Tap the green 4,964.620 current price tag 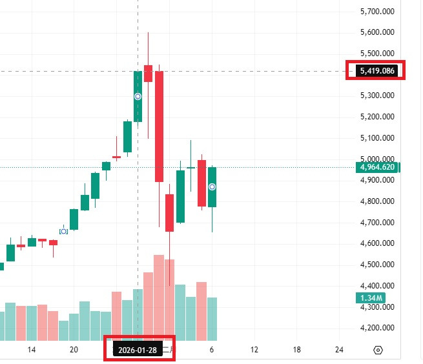(378, 168)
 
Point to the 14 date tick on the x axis (31, 349)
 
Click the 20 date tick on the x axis (74, 349)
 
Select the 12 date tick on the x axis (254, 349)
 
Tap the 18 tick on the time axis (296, 349)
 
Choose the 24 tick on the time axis (340, 349)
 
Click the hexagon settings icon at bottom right (378, 350)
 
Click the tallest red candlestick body (159, 126)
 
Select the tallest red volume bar (159, 297)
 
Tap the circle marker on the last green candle (212, 187)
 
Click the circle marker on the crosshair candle (138, 96)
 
